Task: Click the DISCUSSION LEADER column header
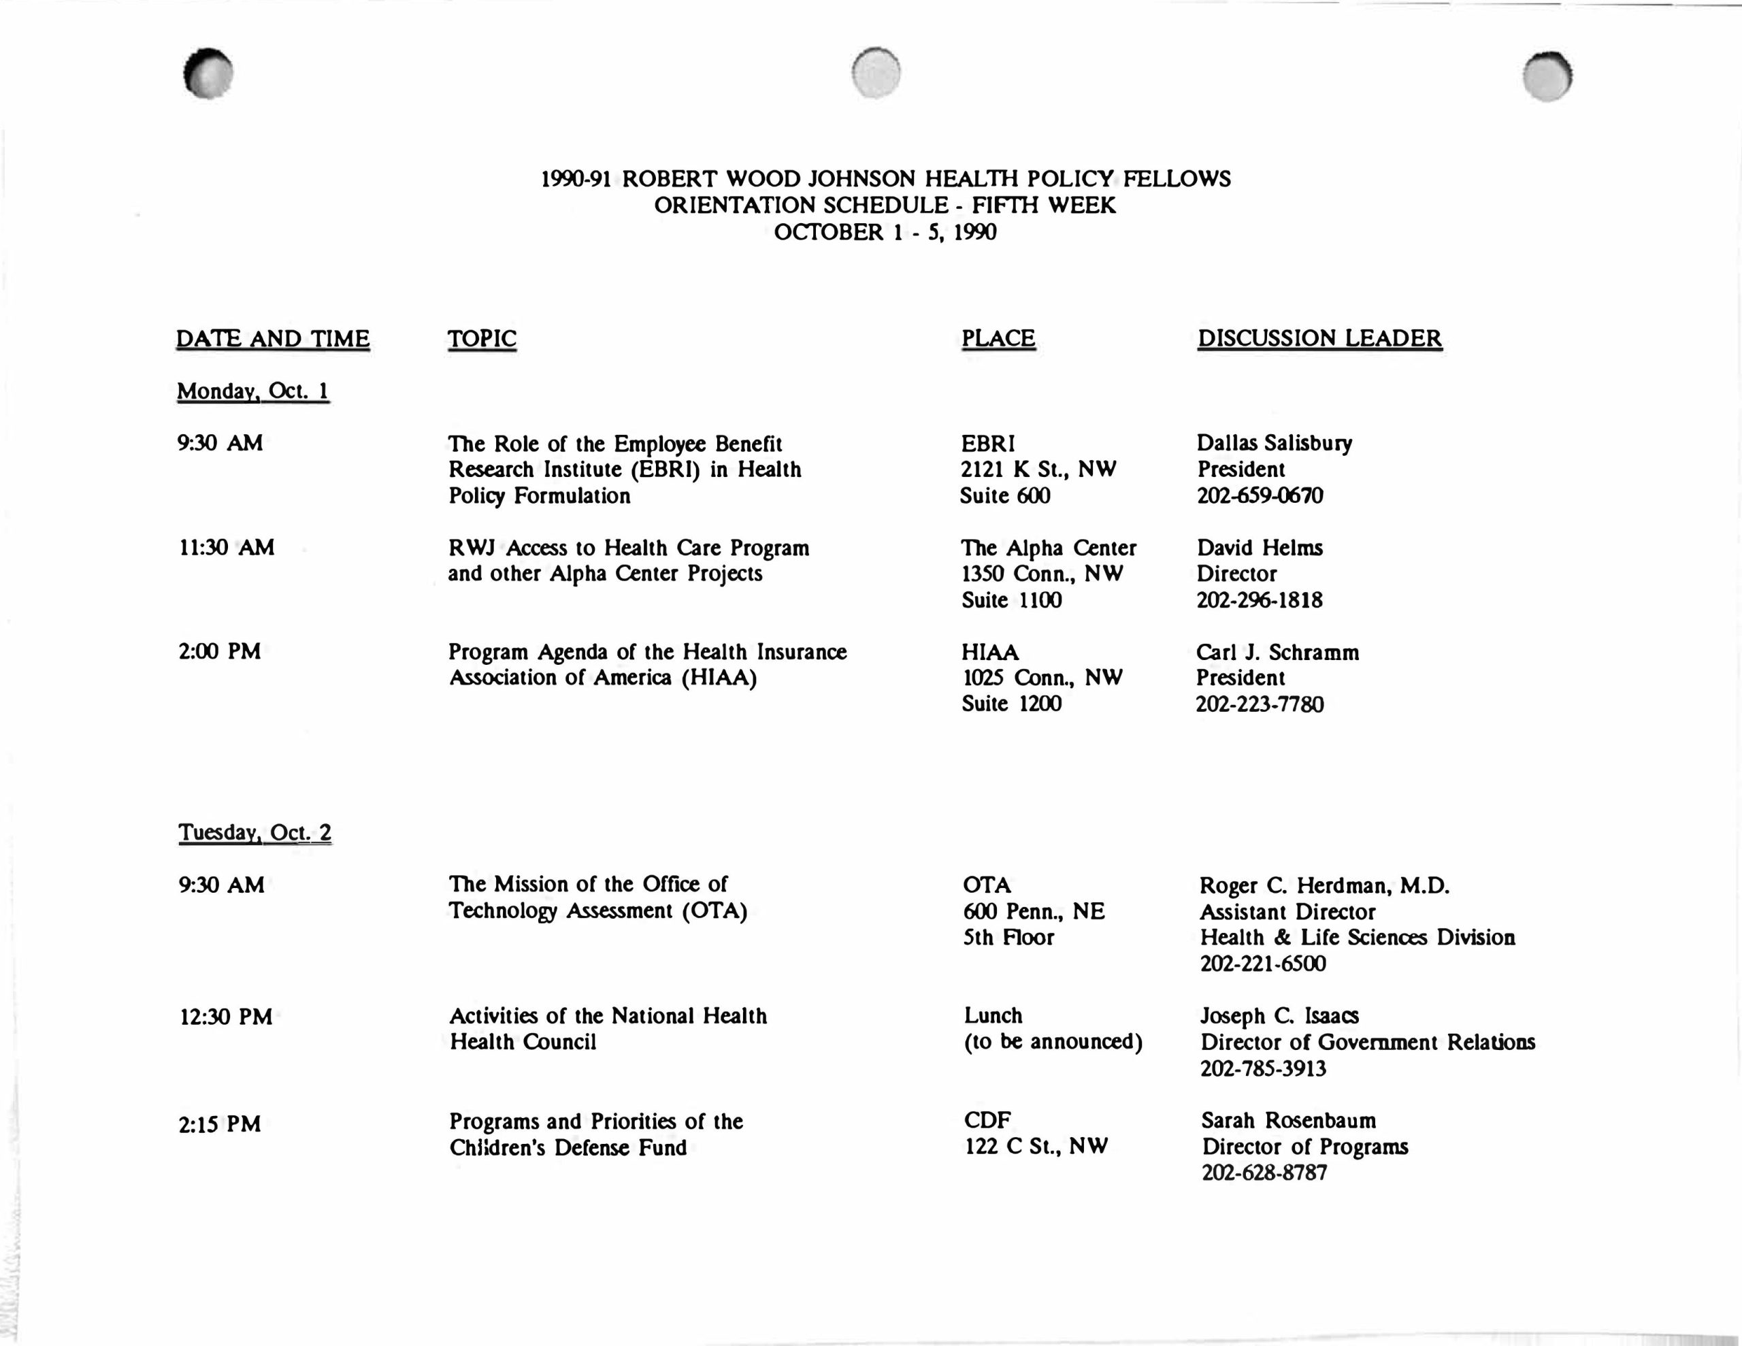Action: pyautogui.click(x=1319, y=338)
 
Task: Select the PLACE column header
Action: pyautogui.click(x=998, y=338)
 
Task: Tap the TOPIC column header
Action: pyautogui.click(x=482, y=339)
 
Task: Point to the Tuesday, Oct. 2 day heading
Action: pyautogui.click(x=254, y=832)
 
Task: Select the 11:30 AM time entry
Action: pyautogui.click(x=227, y=547)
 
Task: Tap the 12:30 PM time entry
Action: pyautogui.click(x=226, y=1017)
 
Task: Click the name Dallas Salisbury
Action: pyautogui.click(x=1274, y=443)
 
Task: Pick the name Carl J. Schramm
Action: pyautogui.click(x=1277, y=652)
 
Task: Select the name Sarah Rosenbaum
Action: pyautogui.click(x=1288, y=1120)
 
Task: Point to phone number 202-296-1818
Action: pyautogui.click(x=1259, y=600)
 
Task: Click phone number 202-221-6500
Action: pyautogui.click(x=1263, y=963)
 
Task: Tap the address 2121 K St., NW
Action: pyautogui.click(x=1038, y=469)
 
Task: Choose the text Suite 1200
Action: pyautogui.click(x=1010, y=703)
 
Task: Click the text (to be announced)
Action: pyautogui.click(x=1053, y=1042)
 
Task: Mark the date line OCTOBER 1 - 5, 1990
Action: pyautogui.click(x=885, y=232)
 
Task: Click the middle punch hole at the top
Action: pyautogui.click(x=876, y=73)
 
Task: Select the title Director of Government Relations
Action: pyautogui.click(x=1367, y=1042)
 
